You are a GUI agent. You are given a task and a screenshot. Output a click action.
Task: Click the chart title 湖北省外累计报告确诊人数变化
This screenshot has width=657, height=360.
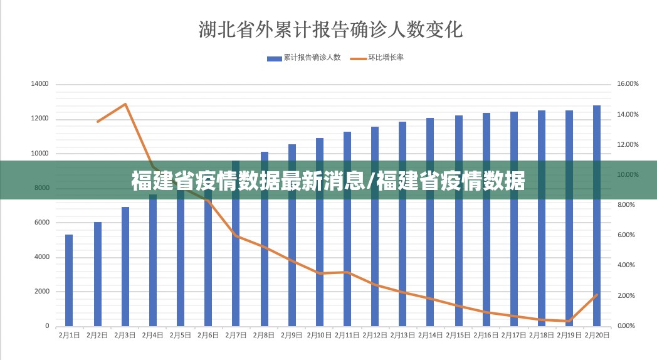(x=330, y=29)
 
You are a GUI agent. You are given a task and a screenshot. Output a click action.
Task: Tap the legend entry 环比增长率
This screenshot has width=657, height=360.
(x=386, y=58)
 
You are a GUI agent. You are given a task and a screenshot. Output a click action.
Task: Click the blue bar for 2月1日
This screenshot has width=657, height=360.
(x=69, y=280)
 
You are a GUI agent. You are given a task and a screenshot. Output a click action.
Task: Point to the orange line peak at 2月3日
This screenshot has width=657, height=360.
(x=125, y=104)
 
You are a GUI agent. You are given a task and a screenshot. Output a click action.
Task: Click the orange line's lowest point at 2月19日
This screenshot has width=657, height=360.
(x=568, y=321)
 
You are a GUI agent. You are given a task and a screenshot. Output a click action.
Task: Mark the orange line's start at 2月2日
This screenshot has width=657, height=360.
(x=97, y=122)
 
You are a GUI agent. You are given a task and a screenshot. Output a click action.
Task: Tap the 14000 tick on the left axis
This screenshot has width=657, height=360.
(x=39, y=84)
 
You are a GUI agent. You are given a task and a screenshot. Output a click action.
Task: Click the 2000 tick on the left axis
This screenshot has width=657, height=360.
(x=42, y=292)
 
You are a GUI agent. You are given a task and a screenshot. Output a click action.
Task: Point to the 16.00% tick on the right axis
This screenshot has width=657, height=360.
(x=628, y=84)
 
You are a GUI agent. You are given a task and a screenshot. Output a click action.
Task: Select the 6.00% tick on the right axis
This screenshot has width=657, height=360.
(x=628, y=235)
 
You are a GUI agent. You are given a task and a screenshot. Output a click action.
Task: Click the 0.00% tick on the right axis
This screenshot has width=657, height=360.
(x=628, y=326)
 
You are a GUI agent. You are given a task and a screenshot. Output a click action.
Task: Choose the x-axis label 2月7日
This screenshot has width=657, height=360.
(x=235, y=336)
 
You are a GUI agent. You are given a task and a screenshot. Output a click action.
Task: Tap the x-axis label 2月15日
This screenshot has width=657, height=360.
(x=458, y=336)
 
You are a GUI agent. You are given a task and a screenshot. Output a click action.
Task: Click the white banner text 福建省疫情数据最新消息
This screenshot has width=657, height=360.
(x=251, y=181)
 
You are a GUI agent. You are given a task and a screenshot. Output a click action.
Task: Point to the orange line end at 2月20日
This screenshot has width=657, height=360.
(x=596, y=295)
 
